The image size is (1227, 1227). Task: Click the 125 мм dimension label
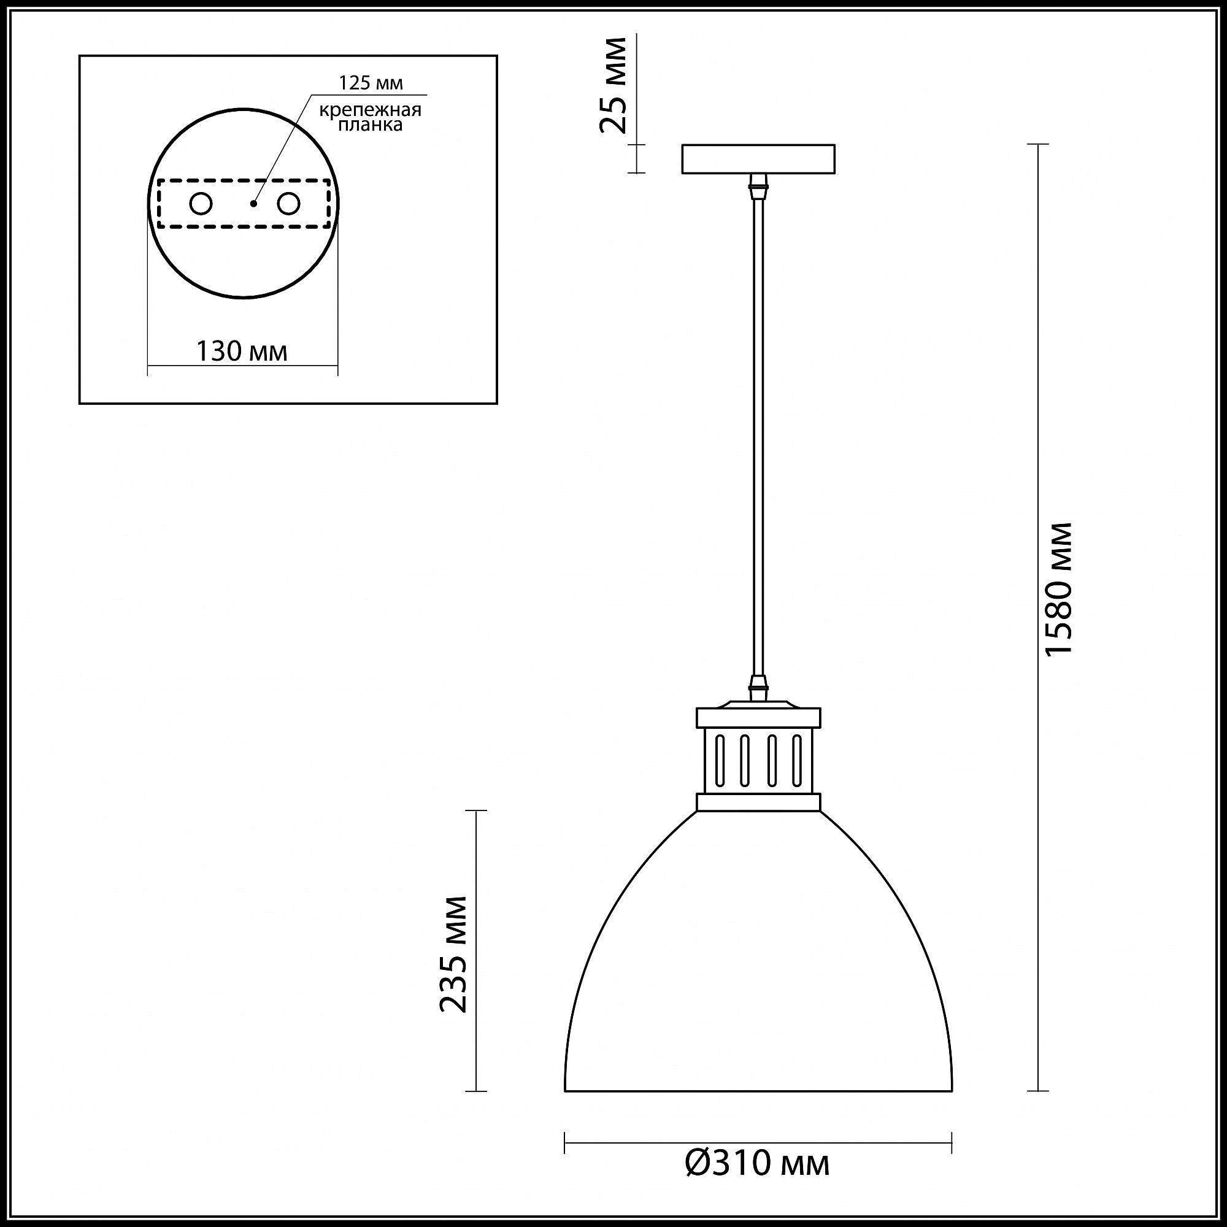371,83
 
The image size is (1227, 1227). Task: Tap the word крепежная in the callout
371,110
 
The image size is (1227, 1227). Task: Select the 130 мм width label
241,350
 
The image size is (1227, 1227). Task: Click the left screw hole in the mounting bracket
201,204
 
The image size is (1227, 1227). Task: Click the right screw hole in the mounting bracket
288,204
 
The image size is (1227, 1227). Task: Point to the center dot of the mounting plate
253,204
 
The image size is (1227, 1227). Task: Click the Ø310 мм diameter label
758,1163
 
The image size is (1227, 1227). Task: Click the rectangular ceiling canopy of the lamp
758,159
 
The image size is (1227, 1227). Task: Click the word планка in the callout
371,125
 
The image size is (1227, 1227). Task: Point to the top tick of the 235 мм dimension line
475,811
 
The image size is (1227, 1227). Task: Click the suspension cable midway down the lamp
758,438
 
